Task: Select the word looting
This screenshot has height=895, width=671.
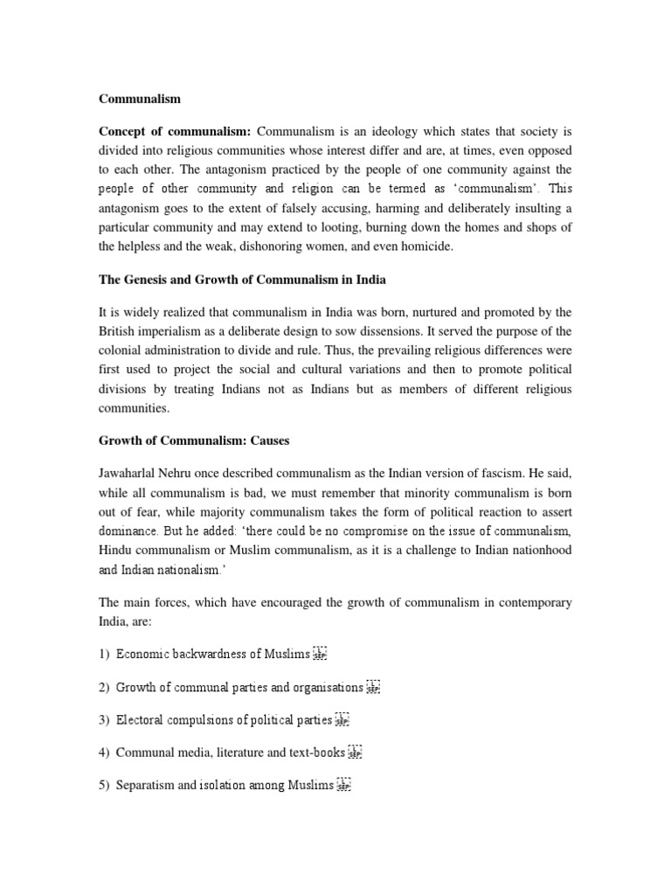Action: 395,226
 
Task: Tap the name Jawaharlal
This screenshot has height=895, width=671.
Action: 131,474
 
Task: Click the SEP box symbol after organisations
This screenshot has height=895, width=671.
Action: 373,687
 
